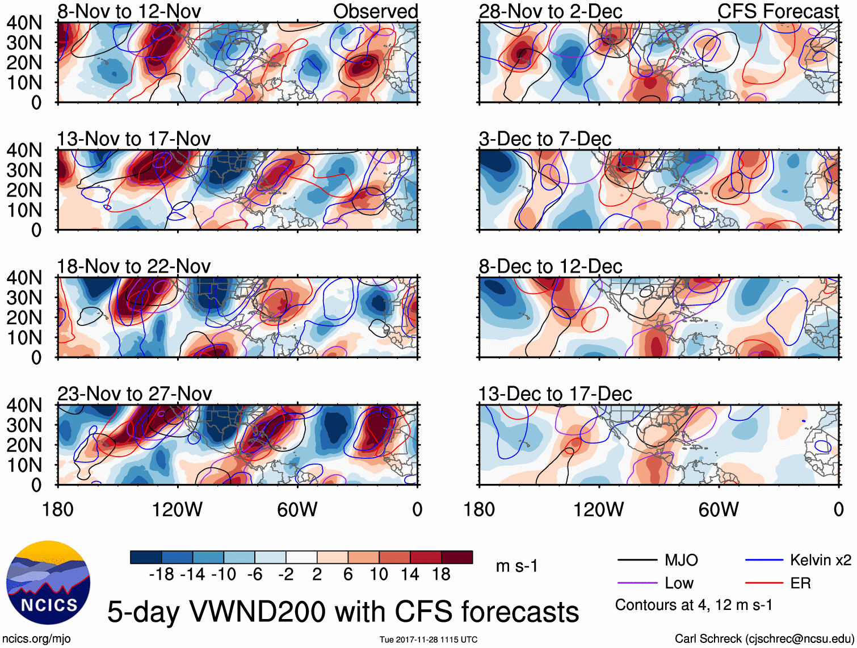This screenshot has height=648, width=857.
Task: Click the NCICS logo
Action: coord(48,582)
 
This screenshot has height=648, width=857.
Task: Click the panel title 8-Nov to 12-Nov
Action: coord(129,11)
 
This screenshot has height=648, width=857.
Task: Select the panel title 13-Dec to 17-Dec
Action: coord(554,394)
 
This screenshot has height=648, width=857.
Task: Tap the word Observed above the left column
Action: coord(375,11)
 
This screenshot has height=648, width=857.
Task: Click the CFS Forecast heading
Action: coord(778,11)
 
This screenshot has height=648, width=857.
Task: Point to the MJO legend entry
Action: coord(680,561)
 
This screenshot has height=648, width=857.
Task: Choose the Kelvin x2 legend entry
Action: coord(820,561)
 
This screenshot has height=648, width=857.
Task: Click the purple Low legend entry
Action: coord(679,583)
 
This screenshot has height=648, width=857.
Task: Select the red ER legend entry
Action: coord(800,583)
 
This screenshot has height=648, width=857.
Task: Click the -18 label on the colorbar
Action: coord(161,575)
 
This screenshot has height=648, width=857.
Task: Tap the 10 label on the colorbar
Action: coord(379,575)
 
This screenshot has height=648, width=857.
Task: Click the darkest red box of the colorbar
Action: coord(457,557)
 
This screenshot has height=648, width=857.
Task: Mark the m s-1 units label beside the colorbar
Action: coord(516,566)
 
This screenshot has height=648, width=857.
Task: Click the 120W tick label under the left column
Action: coord(177,509)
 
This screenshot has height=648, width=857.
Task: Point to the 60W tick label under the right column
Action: coord(719,509)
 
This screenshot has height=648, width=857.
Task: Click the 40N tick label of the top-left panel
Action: coord(24,23)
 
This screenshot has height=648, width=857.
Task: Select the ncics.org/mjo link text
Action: coord(36,639)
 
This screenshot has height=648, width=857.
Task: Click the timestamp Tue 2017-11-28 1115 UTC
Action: coord(428,639)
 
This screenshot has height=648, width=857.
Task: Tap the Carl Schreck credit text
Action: coord(764,639)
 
